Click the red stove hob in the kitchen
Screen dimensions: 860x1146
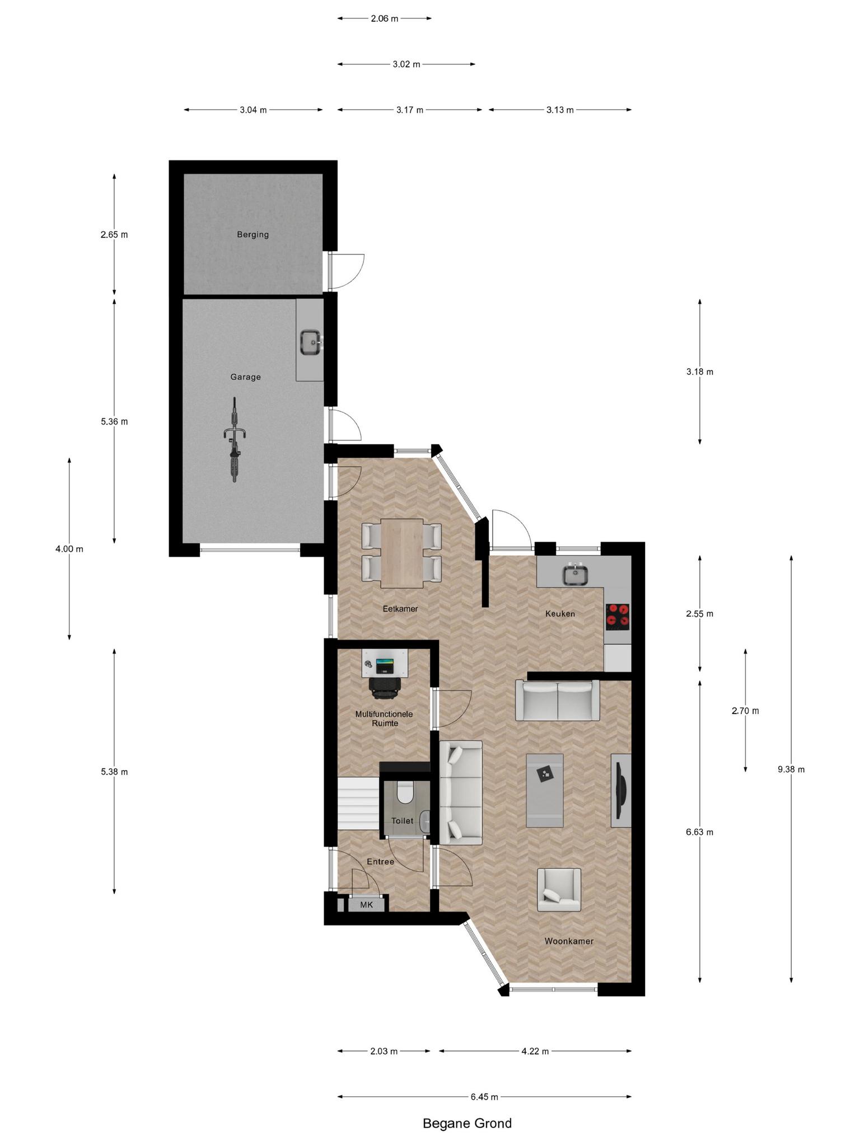(618, 615)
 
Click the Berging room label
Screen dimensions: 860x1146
(253, 234)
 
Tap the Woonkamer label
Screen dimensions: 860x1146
(569, 941)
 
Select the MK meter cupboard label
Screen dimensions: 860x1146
(366, 905)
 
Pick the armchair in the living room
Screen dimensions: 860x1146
(559, 890)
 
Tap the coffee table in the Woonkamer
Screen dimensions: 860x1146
(544, 790)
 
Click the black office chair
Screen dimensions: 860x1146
(385, 687)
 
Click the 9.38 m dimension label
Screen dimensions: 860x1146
(791, 769)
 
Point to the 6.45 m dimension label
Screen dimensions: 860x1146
(484, 1097)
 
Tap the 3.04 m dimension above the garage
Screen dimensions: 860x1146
(253, 110)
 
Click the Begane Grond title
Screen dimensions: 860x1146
(467, 1123)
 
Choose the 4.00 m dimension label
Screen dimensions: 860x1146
(69, 549)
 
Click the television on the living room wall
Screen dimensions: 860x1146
(620, 790)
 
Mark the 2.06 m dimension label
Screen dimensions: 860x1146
(385, 18)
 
